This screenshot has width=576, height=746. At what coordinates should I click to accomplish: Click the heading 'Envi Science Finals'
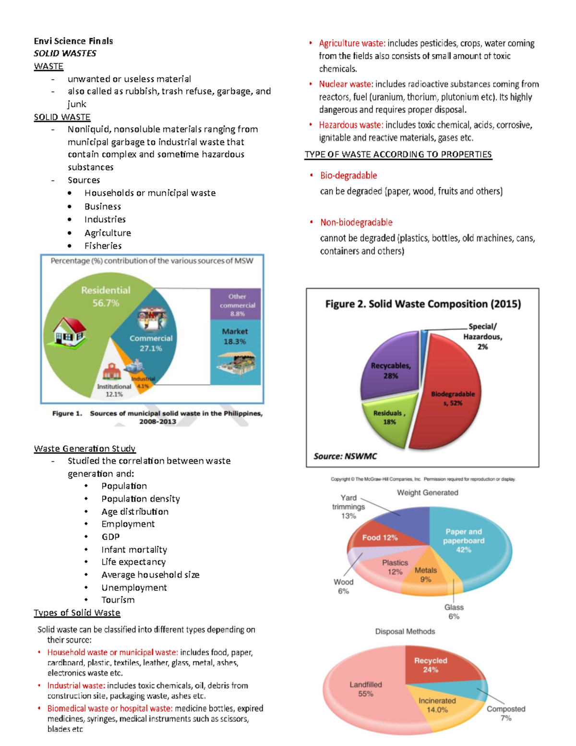[x=73, y=41]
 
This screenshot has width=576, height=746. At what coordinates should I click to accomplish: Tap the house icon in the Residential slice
[x=70, y=331]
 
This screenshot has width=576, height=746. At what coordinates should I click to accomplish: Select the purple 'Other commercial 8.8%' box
[x=237, y=305]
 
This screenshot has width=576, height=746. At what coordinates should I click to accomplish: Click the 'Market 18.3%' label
[x=235, y=336]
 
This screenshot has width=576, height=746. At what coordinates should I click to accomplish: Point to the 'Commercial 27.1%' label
[x=151, y=343]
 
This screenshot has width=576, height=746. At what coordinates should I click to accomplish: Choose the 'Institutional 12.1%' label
[x=114, y=390]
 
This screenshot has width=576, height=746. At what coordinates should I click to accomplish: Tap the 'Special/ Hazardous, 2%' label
[x=482, y=336]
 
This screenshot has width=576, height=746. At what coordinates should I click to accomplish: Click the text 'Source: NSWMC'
[x=345, y=456]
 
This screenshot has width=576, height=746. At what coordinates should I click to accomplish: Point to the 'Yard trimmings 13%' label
[x=348, y=507]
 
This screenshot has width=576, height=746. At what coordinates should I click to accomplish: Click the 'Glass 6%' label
[x=454, y=611]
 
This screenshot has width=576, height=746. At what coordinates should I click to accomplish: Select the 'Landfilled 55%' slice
[x=365, y=689]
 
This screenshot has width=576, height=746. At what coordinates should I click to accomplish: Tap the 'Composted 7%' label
[x=506, y=713]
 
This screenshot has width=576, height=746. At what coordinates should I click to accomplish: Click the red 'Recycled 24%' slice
[x=431, y=665]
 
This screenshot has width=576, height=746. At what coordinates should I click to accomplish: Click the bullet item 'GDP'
[x=110, y=537]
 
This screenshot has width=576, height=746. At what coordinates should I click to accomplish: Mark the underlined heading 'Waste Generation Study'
[x=84, y=448]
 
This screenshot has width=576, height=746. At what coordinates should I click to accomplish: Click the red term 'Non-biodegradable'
[x=356, y=222]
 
